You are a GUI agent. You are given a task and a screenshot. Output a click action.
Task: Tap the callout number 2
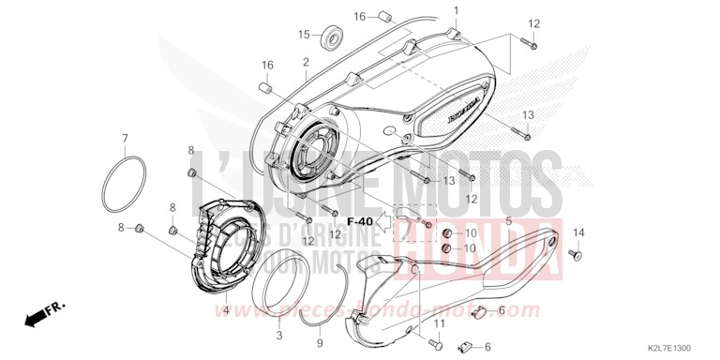pos(306,63)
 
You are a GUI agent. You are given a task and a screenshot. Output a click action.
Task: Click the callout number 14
pos(578,232)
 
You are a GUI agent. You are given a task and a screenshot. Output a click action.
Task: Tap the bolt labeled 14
pos(577,252)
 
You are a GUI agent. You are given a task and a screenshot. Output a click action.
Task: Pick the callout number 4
pos(226,309)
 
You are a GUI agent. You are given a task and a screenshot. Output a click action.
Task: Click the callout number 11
pos(438,322)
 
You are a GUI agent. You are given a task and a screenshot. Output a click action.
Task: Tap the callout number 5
pos(509,222)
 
